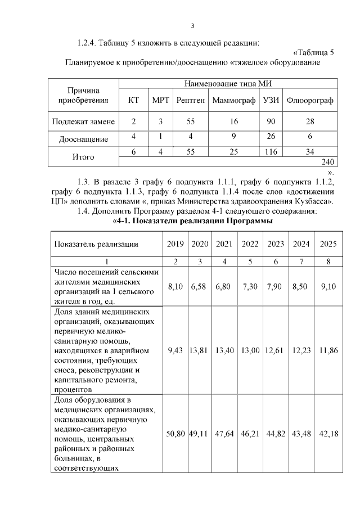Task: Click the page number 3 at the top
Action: [192, 25]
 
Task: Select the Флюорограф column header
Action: [310, 101]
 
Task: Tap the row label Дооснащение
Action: [84, 138]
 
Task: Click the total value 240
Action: [328, 162]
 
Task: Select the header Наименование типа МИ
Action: [228, 84]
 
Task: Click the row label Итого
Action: [83, 157]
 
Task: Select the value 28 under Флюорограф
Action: [310, 121]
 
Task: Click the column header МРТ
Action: [160, 101]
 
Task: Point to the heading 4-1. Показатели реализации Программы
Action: [193, 222]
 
